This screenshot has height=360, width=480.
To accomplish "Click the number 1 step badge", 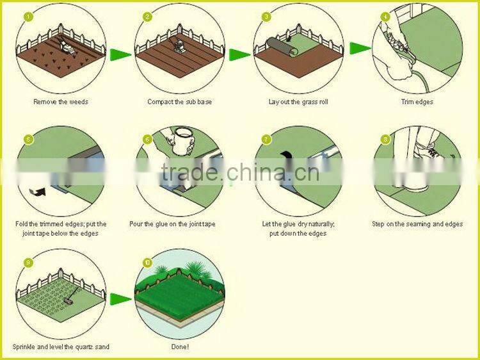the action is (x=28, y=17).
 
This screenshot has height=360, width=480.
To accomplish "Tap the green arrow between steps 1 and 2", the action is (x=120, y=54).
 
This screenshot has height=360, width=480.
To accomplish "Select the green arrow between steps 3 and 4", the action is (x=360, y=48).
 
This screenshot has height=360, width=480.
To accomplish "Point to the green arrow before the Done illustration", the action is (x=120, y=299).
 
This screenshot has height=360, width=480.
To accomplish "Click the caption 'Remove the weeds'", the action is (x=61, y=102).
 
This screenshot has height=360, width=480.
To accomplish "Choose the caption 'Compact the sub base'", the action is (x=179, y=102).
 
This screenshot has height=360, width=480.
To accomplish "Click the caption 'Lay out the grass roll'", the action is (x=298, y=102).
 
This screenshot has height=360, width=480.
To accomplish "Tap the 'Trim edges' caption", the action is (x=417, y=102).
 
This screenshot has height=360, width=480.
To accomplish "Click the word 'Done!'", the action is (x=180, y=347).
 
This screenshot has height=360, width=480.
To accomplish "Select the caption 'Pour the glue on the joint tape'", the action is (x=172, y=224).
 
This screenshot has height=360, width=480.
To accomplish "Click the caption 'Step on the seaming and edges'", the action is (x=417, y=224).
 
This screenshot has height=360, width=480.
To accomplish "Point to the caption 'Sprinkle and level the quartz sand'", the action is (x=61, y=347).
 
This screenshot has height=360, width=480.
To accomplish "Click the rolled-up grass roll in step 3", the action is (x=282, y=47).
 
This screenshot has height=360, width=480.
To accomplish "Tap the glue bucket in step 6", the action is (x=183, y=141).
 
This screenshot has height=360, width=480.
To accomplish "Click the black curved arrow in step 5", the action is (x=37, y=192).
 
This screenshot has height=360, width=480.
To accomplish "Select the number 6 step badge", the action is (x=148, y=140).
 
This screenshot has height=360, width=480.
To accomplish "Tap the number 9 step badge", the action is (x=28, y=263).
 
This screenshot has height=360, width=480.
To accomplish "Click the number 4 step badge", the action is (x=385, y=17).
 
